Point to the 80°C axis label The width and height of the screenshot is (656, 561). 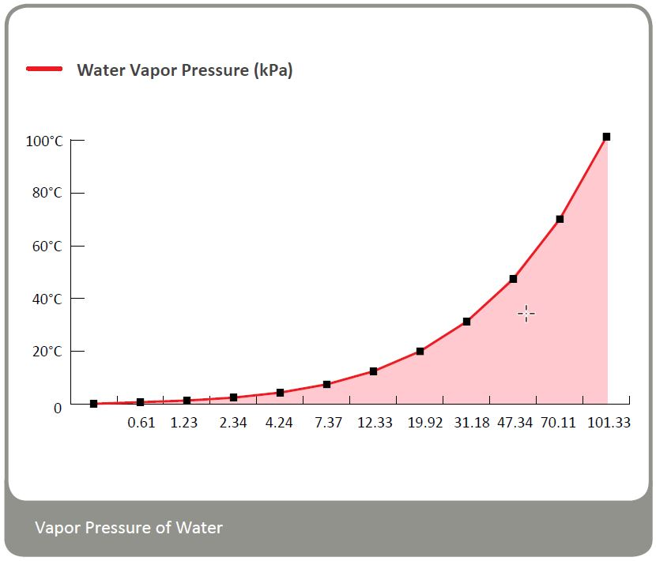click(x=47, y=193)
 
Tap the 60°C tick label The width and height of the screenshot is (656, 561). click(x=47, y=246)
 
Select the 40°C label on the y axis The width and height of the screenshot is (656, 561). click(x=47, y=299)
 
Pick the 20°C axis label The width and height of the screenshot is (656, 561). click(x=47, y=351)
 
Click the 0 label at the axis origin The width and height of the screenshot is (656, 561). click(x=57, y=408)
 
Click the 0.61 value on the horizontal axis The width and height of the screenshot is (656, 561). click(x=141, y=423)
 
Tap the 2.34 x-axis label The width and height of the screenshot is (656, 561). click(x=233, y=423)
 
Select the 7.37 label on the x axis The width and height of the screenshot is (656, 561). click(x=328, y=423)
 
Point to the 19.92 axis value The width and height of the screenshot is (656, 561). click(x=420, y=423)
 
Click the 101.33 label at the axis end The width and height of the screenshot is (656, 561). click(x=609, y=423)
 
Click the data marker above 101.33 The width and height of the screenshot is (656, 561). click(x=606, y=137)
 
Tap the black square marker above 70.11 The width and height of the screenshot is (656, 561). click(x=560, y=219)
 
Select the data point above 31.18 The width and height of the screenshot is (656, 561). click(x=466, y=322)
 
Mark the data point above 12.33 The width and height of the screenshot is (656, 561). click(x=373, y=371)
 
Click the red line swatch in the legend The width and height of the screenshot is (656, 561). click(x=44, y=70)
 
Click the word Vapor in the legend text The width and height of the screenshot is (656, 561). click(x=152, y=70)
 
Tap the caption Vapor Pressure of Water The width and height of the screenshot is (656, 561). click(x=129, y=527)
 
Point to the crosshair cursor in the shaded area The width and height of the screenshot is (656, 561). click(x=526, y=314)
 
